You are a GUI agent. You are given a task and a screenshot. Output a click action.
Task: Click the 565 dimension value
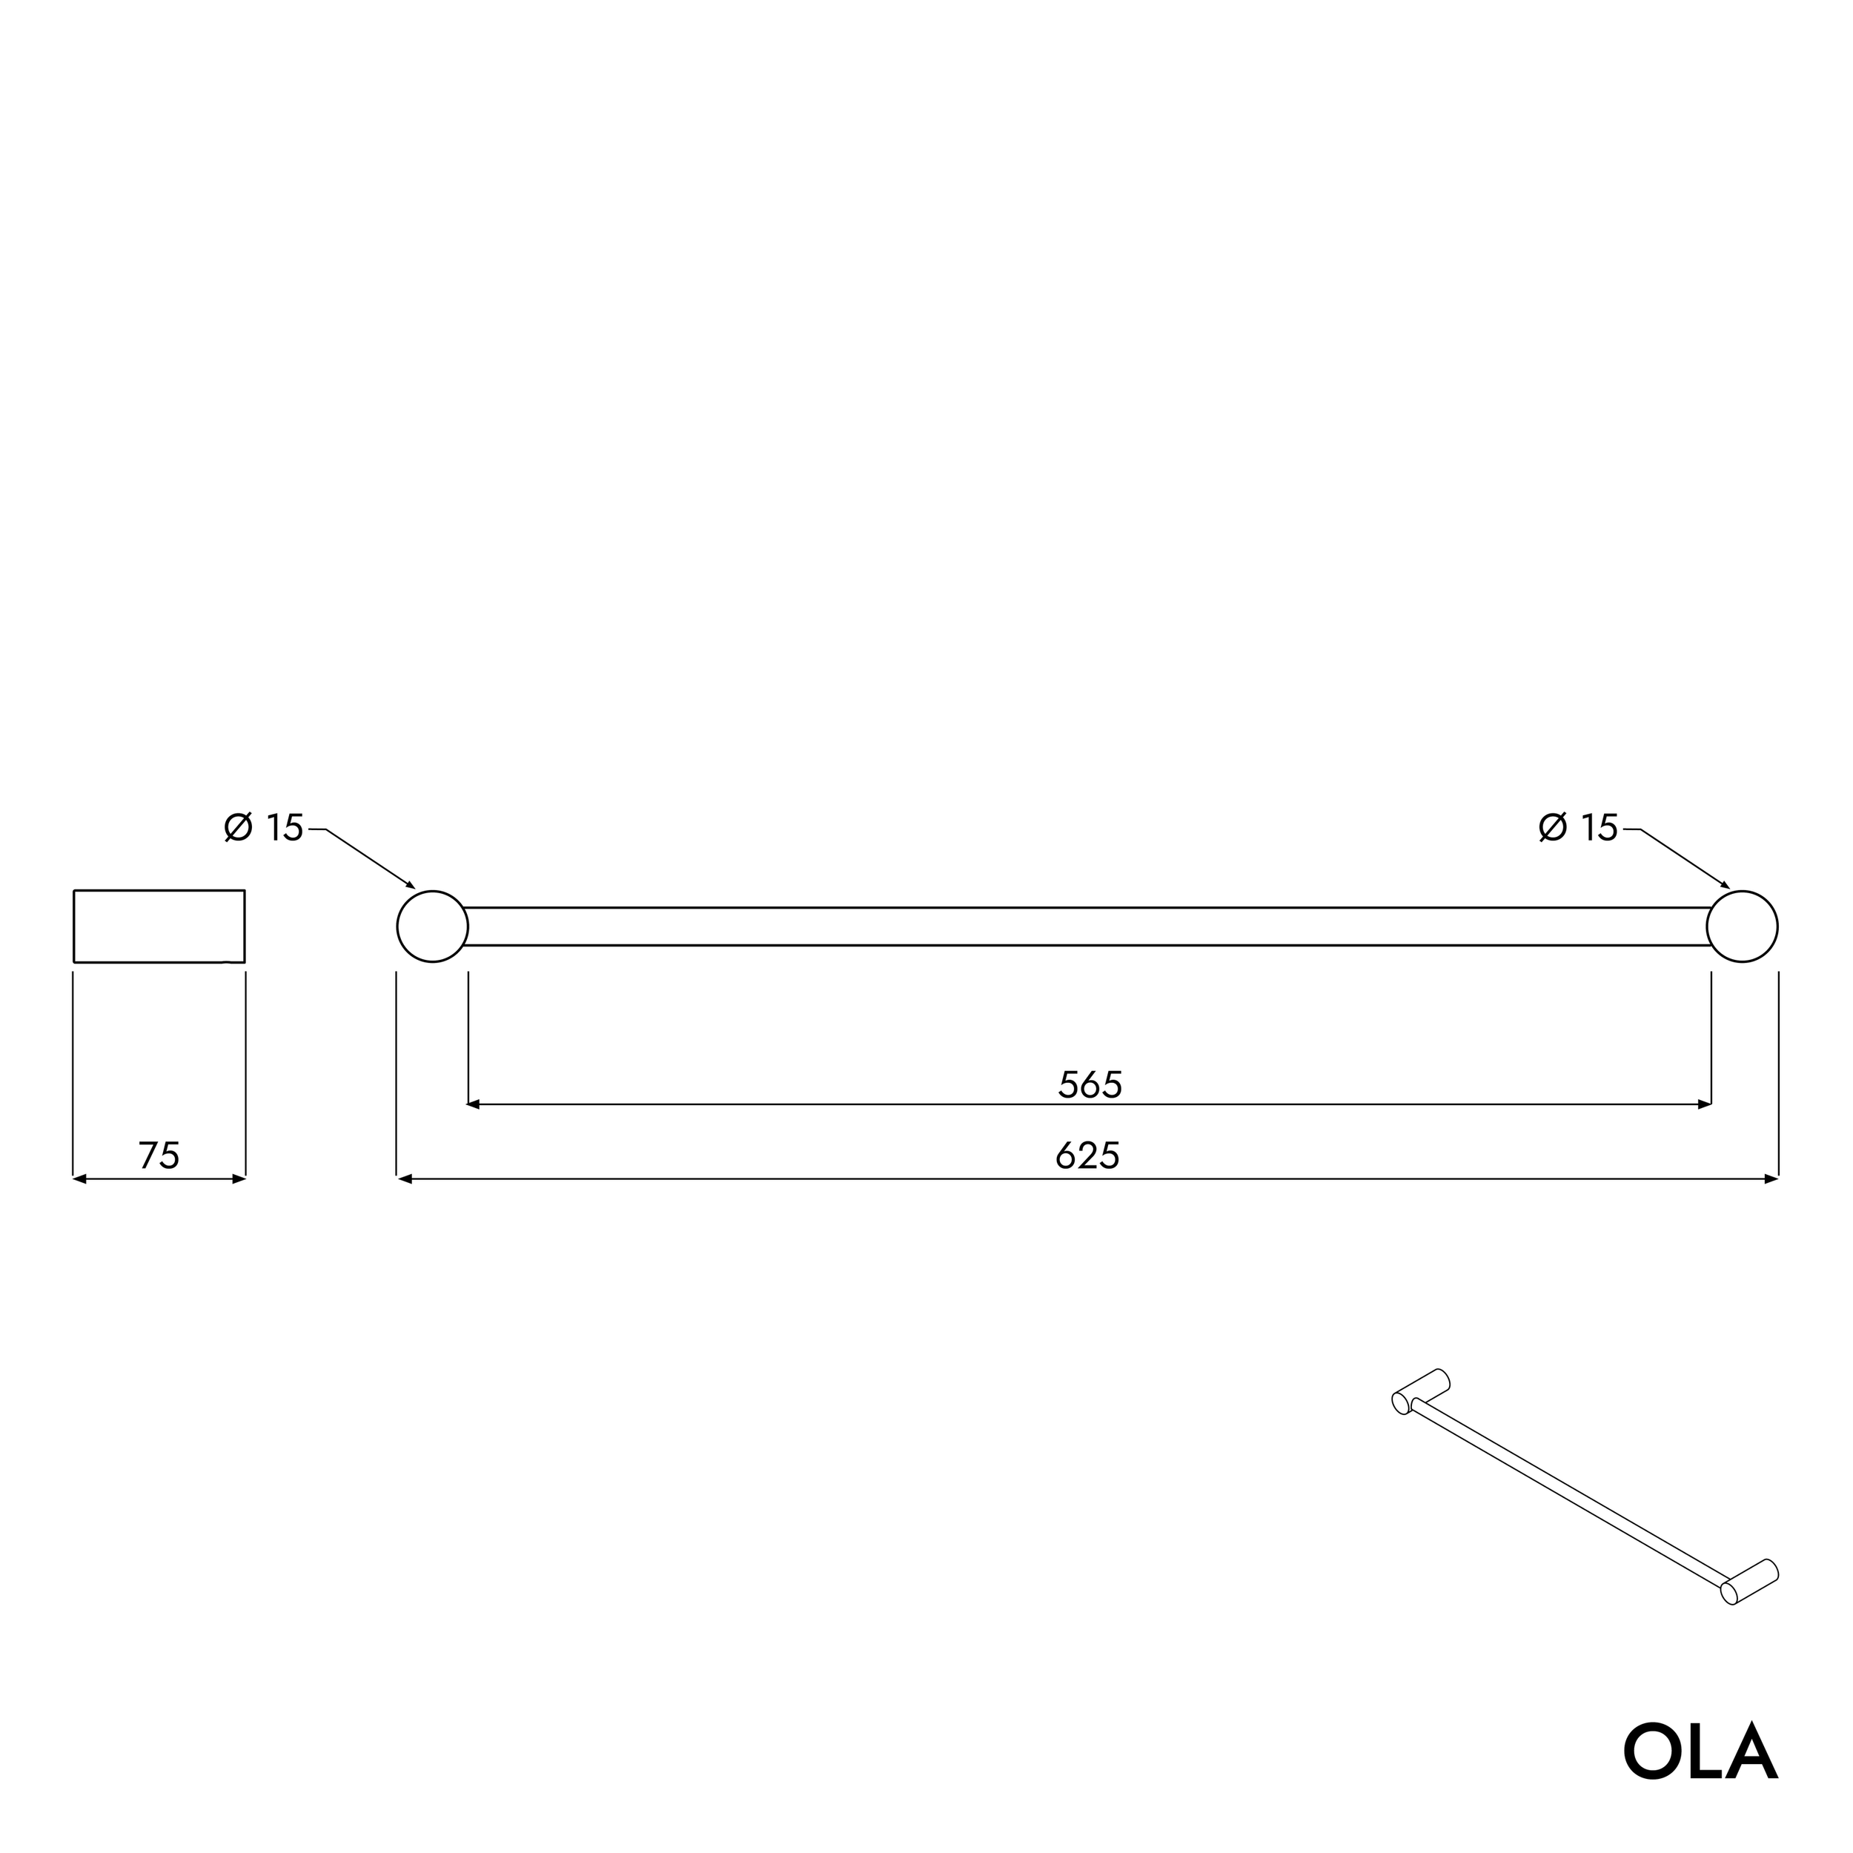tap(1090, 1085)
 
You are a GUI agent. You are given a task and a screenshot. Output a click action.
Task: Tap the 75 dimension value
tap(159, 1156)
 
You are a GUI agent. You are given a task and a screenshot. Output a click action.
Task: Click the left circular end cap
tap(433, 926)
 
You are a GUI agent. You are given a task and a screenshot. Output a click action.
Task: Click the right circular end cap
tap(1742, 926)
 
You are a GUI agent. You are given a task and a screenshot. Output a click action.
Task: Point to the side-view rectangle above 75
tap(159, 926)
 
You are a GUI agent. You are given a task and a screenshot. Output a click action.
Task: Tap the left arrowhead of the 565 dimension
tap(472, 1105)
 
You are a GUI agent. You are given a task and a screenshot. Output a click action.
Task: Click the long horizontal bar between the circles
tap(1087, 926)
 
